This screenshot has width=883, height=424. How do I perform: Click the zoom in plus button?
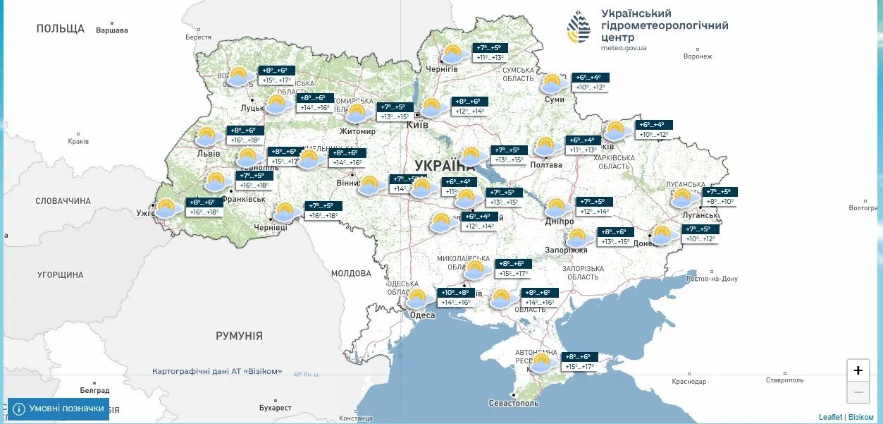[858, 370]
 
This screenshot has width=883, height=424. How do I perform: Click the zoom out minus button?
[858, 392]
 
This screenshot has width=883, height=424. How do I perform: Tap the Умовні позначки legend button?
[58, 408]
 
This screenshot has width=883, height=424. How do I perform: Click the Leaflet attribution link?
[830, 417]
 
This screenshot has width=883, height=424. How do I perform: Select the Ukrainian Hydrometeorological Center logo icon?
[579, 28]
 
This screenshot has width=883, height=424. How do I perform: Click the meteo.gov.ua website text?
[624, 48]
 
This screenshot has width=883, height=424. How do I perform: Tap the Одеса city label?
[422, 315]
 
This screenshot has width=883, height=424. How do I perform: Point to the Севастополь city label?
[513, 403]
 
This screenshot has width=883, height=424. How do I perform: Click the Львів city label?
[209, 153]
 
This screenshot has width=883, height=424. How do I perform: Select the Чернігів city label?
[442, 68]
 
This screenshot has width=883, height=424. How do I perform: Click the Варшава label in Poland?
[112, 30]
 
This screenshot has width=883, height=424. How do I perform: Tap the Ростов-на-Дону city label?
[711, 279]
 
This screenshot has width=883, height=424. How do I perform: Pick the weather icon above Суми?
[554, 84]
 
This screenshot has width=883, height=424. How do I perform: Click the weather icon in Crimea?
[541, 363]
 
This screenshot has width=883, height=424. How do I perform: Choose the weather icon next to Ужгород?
[166, 208]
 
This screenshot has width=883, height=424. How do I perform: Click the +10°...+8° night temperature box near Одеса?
[455, 293]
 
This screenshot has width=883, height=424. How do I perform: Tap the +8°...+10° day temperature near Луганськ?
[719, 202]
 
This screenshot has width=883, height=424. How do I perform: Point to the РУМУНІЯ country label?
[239, 336]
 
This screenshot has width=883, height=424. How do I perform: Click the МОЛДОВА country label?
[351, 273]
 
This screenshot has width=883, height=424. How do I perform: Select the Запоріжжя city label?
[566, 250]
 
